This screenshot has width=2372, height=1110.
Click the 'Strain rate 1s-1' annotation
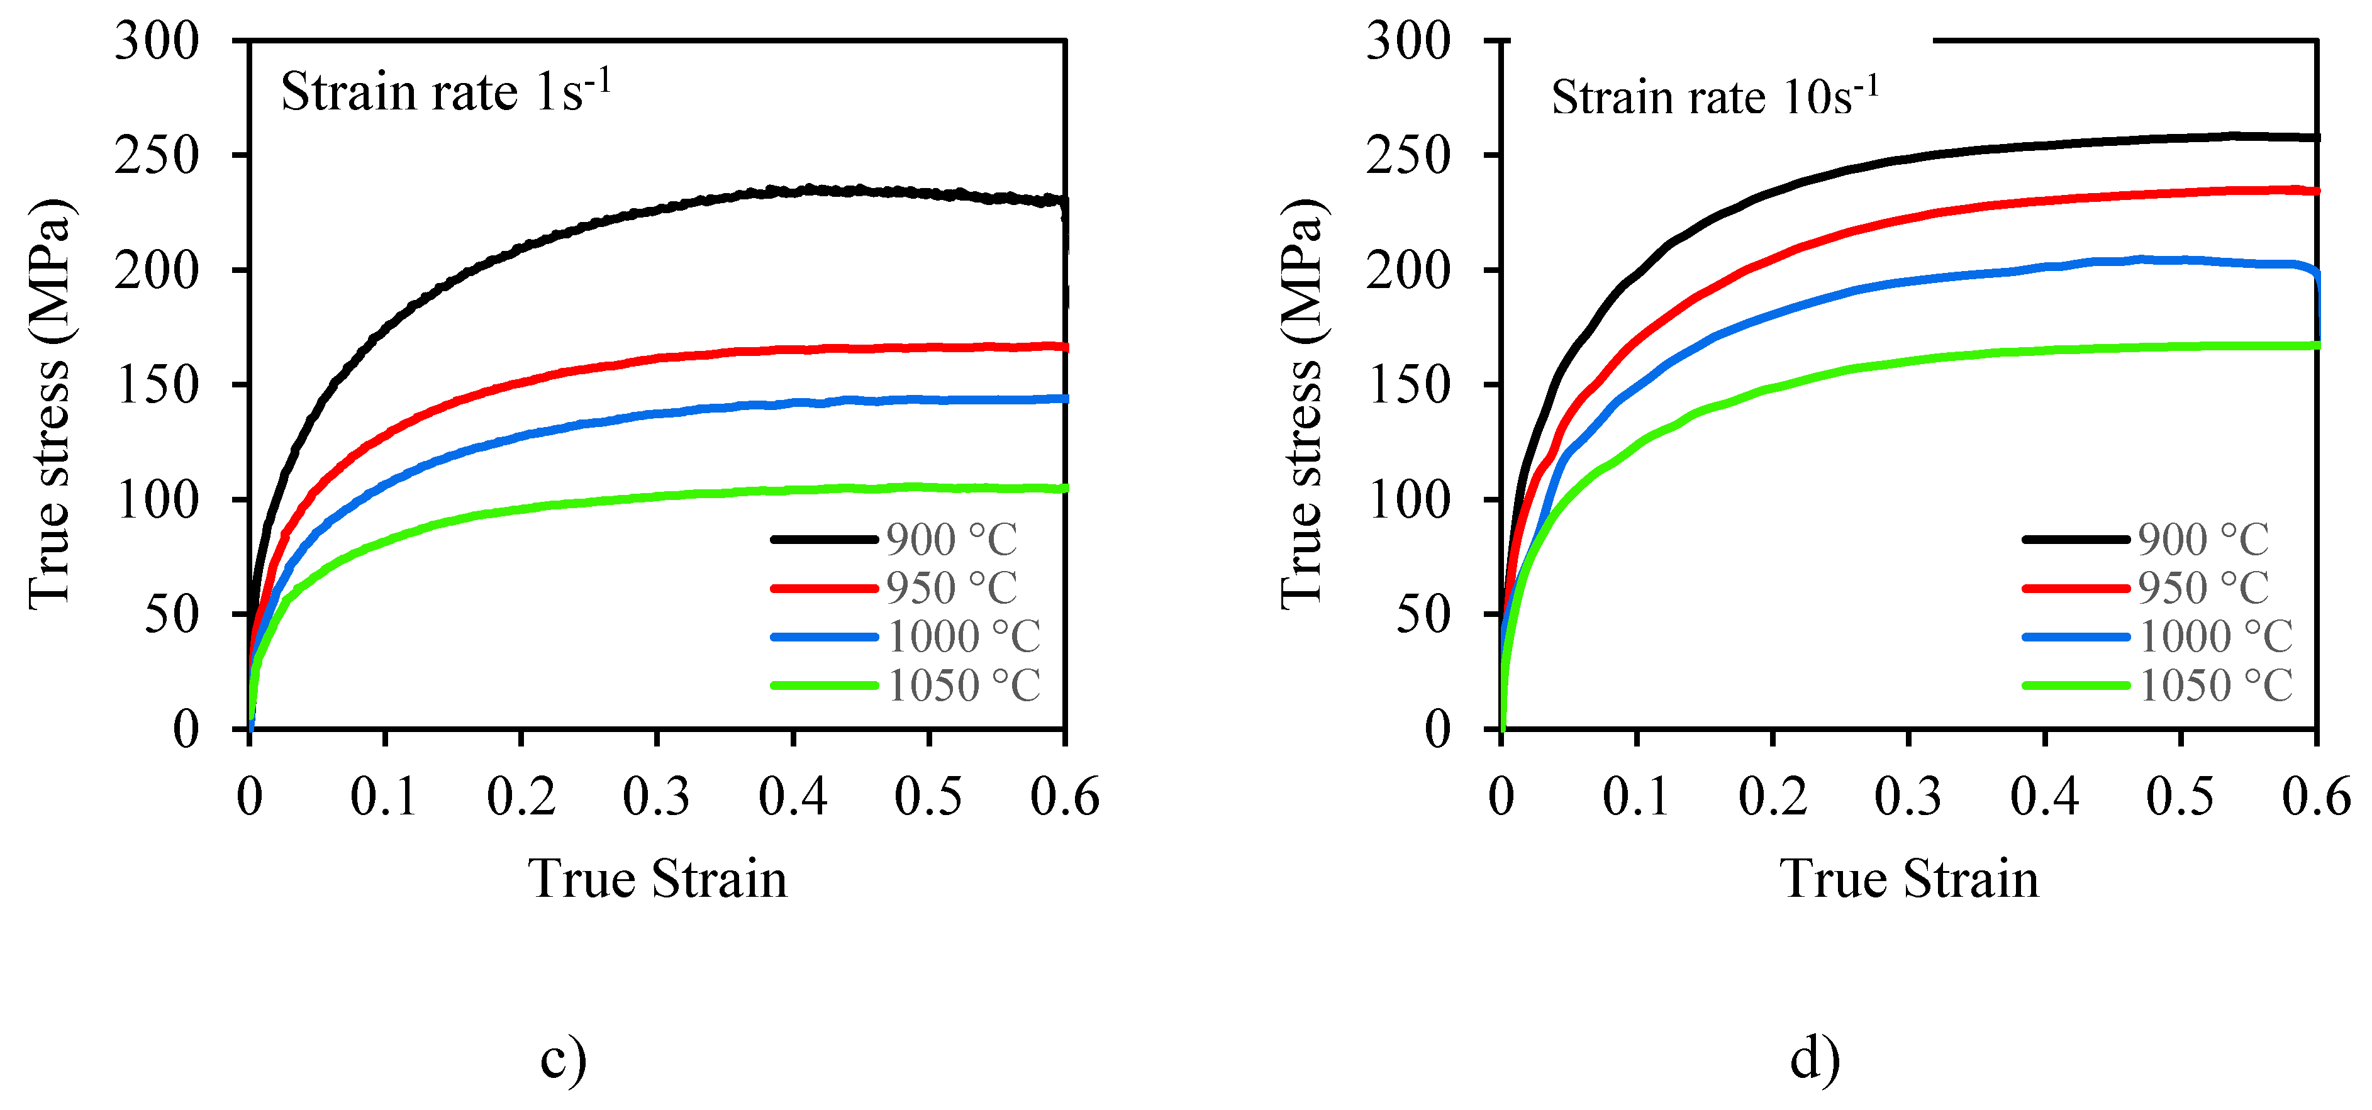(x=446, y=92)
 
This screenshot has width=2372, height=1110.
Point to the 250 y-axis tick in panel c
(x=157, y=155)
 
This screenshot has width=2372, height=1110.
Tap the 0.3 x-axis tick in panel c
(x=657, y=796)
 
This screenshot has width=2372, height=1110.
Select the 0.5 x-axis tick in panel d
(x=2181, y=796)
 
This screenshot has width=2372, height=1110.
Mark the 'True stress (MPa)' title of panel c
(x=50, y=403)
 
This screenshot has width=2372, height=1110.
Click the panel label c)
(x=562, y=1058)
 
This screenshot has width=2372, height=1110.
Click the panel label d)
(x=1815, y=1058)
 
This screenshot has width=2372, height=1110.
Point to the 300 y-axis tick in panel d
(x=1409, y=42)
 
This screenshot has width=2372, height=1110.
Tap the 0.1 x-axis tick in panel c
(x=384, y=796)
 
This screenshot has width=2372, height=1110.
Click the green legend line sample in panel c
(x=824, y=685)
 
